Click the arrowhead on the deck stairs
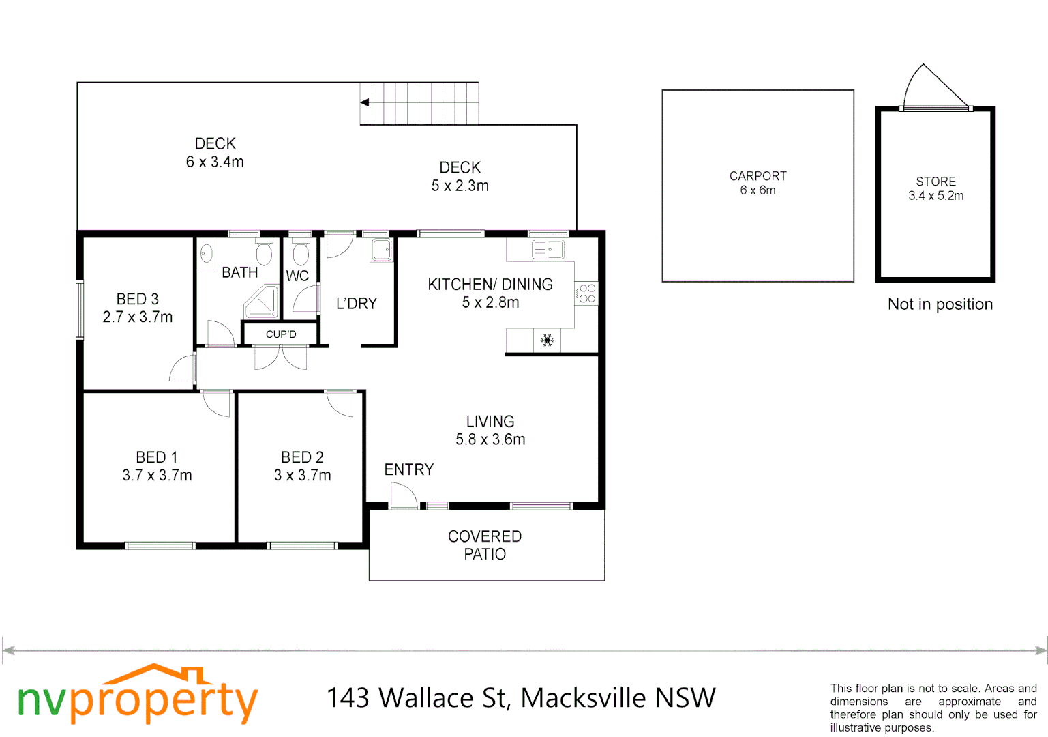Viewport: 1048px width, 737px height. point(365,102)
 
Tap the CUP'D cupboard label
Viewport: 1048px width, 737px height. point(281,334)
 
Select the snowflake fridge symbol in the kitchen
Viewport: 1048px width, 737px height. point(547,340)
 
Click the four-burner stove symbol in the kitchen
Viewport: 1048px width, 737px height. point(586,293)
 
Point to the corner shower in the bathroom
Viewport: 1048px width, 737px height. point(262,302)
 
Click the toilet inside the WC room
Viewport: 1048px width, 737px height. point(300,254)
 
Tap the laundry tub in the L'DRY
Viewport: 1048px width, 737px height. point(382,250)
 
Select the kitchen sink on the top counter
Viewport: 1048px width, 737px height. point(548,250)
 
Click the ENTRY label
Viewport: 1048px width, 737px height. point(408,469)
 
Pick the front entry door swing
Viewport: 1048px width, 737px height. point(403,494)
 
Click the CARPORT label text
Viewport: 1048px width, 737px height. point(758,176)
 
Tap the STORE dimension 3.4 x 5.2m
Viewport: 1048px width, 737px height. point(935,196)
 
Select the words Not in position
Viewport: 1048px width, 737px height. point(940,304)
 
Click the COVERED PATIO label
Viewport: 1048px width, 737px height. point(485,545)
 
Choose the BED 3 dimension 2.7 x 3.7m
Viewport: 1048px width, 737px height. point(138,317)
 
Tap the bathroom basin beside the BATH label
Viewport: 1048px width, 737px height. point(206,254)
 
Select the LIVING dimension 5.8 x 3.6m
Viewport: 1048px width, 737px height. point(490,439)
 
